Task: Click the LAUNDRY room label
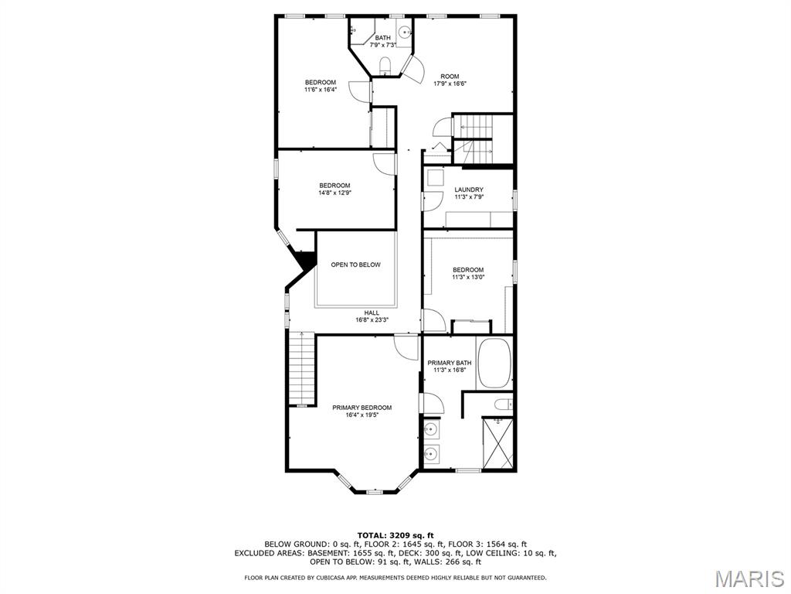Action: pos(469,189)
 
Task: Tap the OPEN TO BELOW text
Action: pos(355,265)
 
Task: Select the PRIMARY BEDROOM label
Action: pos(362,408)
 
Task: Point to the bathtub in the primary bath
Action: pos(494,364)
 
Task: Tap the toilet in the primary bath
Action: pos(503,405)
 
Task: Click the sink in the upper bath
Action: pos(405,32)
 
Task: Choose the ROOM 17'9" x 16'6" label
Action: pos(450,80)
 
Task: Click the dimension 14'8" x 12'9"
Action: pos(334,193)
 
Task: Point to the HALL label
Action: pos(372,313)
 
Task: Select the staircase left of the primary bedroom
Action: pos(302,369)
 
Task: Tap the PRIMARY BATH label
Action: pos(450,363)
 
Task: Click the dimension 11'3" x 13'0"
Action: pos(468,277)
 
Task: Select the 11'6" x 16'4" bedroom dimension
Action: pos(321,90)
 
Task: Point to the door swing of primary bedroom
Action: pos(406,347)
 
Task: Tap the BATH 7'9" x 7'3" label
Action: pos(383,42)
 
